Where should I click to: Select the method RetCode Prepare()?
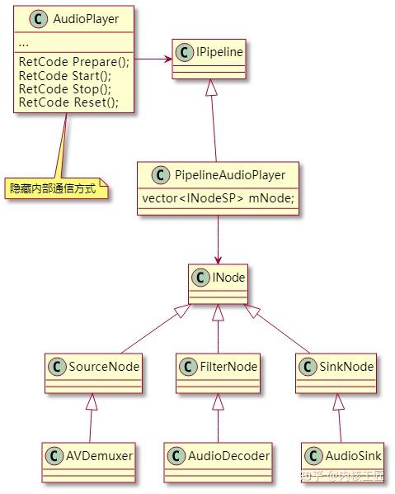tap(73, 62)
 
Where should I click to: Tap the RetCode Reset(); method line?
tap(68, 102)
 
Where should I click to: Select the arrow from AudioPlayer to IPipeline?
tap(154, 59)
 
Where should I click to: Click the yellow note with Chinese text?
tap(53, 189)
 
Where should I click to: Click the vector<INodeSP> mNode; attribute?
tap(218, 198)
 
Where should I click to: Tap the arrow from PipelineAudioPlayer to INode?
tap(218, 240)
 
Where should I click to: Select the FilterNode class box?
tap(218, 372)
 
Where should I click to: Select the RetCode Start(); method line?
tap(65, 76)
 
